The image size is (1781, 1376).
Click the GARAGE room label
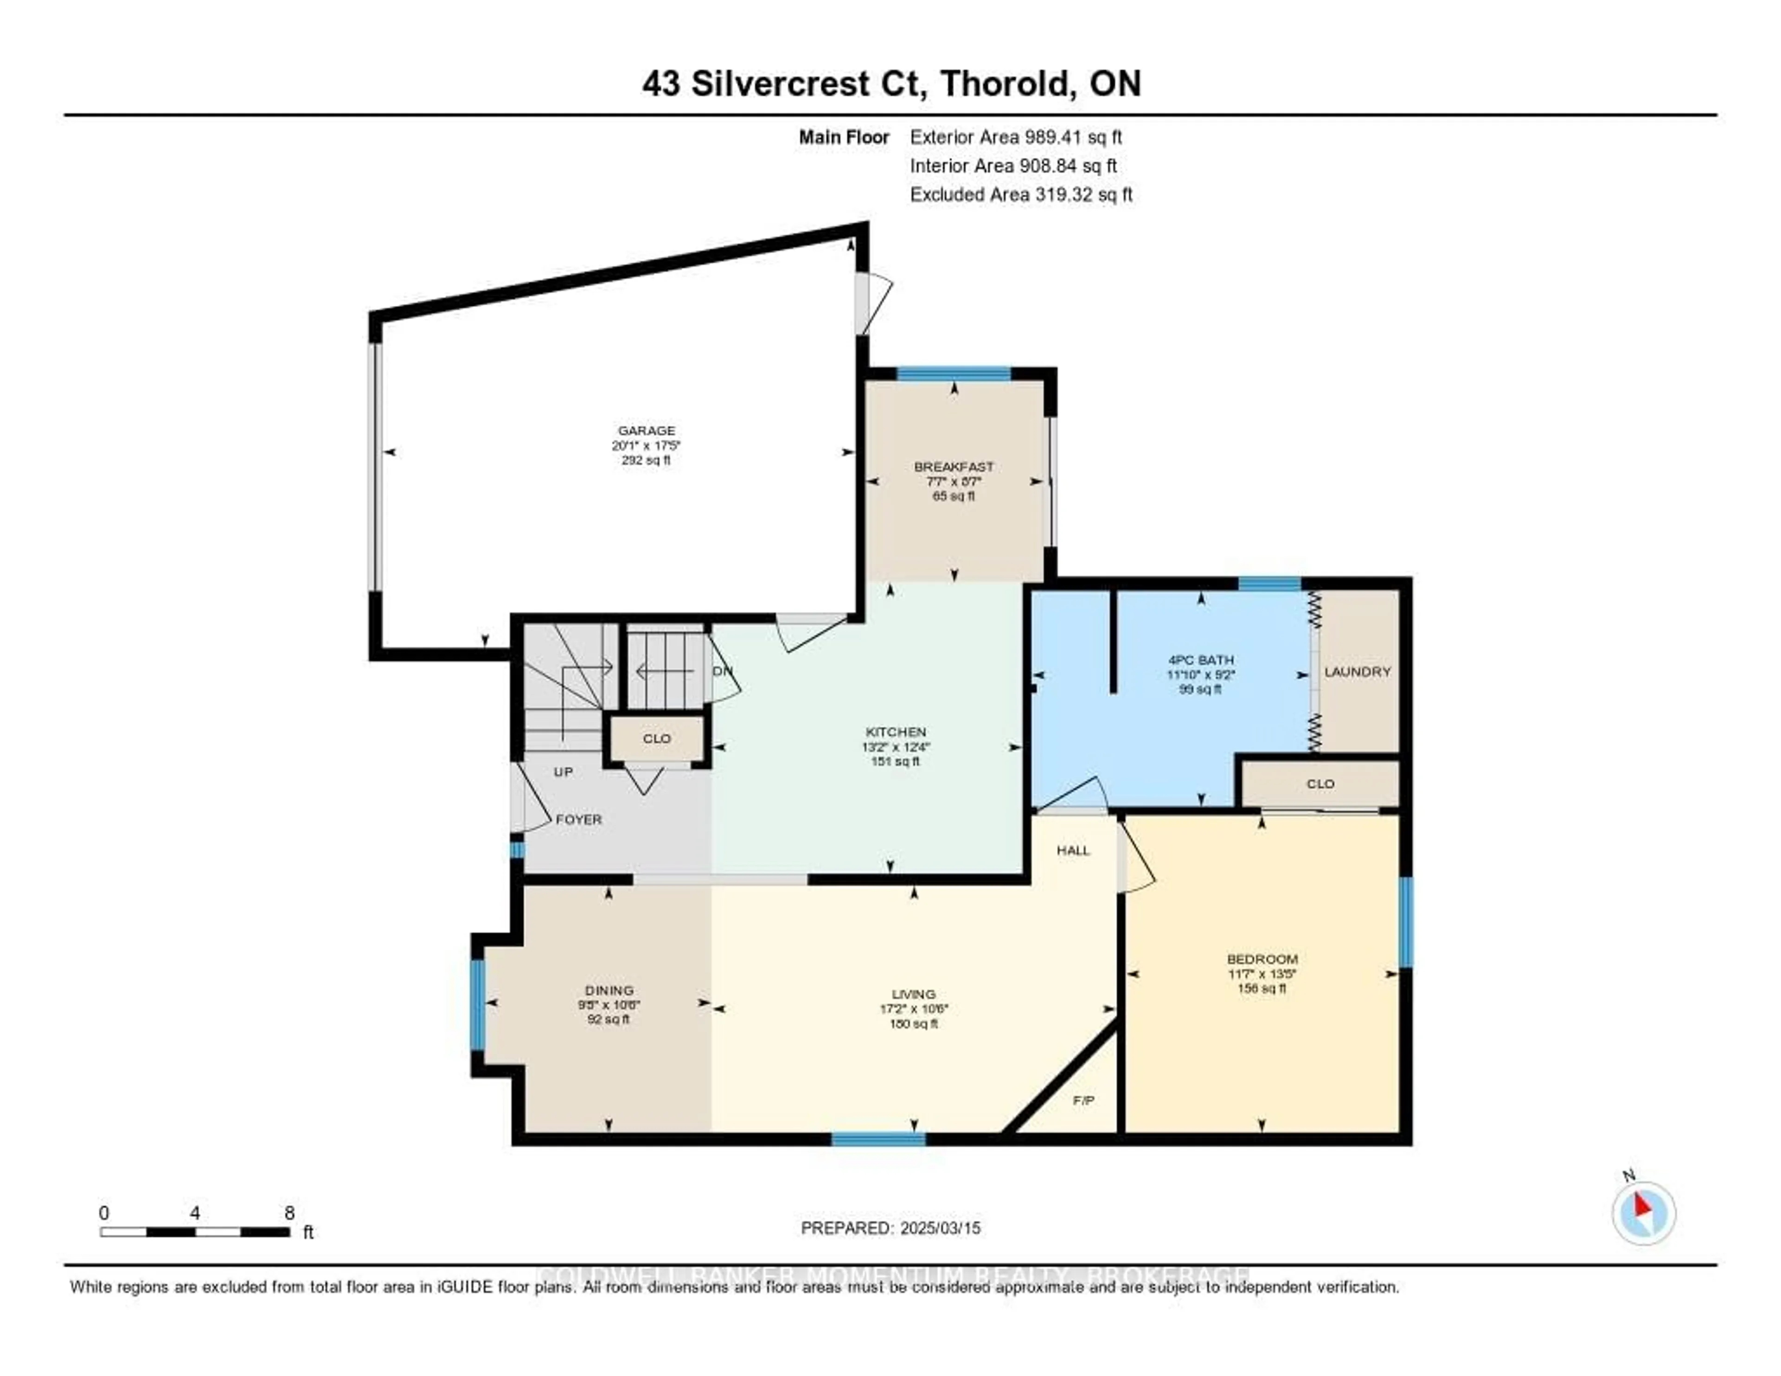pyautogui.click(x=646, y=431)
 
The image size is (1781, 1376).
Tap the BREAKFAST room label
pyautogui.click(x=953, y=467)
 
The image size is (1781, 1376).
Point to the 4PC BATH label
pyautogui.click(x=1200, y=660)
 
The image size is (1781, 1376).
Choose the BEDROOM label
pyautogui.click(x=1262, y=959)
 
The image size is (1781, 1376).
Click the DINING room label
pyautogui.click(x=609, y=990)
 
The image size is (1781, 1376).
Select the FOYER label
pyautogui.click(x=578, y=819)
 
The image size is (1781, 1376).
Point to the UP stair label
pyautogui.click(x=563, y=772)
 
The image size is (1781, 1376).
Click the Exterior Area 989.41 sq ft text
pyautogui.click(x=1015, y=137)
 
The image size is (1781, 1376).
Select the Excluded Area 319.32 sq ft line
pyautogui.click(x=1020, y=194)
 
